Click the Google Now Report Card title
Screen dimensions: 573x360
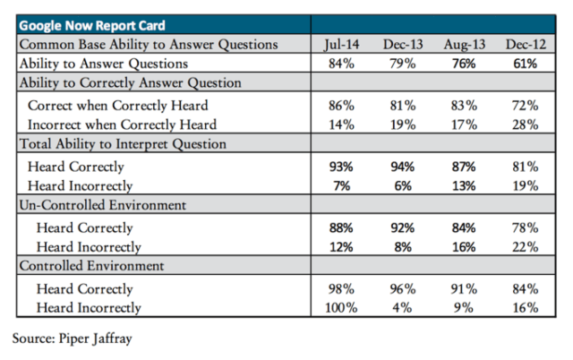click(92, 26)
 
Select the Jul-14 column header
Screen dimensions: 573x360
click(342, 45)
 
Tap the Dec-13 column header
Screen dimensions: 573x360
click(403, 45)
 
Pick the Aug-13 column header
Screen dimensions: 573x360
click(464, 45)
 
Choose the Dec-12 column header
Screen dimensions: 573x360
click(526, 45)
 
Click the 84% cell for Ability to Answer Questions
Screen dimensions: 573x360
click(341, 64)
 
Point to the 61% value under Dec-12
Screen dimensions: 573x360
click(526, 64)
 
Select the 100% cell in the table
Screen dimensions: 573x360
click(341, 308)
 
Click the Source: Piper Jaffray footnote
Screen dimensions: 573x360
click(72, 339)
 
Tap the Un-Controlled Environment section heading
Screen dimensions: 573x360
click(103, 205)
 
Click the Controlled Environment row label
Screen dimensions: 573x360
click(91, 266)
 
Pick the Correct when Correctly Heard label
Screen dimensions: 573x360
click(117, 106)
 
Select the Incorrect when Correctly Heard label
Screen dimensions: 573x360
click(122, 124)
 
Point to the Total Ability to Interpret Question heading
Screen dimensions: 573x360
click(123, 144)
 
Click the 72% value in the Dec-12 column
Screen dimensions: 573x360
click(526, 106)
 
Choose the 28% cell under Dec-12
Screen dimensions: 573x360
click(526, 124)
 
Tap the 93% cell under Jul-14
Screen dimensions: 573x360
click(341, 167)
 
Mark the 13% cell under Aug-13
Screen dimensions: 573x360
click(464, 186)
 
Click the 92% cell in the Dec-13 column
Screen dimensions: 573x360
click(402, 228)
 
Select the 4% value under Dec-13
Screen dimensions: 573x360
click(402, 308)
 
